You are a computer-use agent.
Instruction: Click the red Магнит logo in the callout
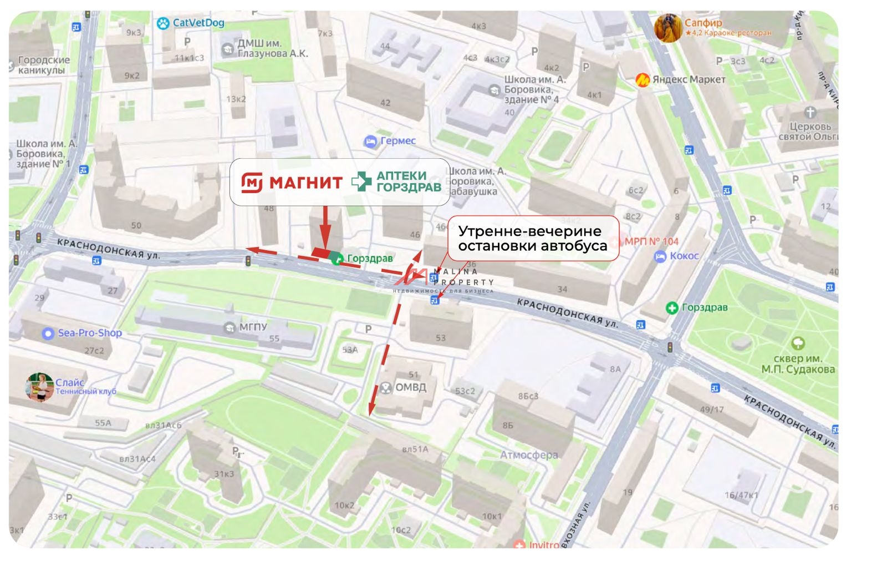[x=252, y=182]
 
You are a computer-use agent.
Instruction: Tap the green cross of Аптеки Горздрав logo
[x=361, y=181]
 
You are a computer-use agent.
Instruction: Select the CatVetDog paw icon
[x=162, y=23]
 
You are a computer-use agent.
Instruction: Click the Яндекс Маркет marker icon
[x=643, y=80]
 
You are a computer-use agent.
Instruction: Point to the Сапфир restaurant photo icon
[x=667, y=28]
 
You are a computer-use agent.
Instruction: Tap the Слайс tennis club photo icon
[x=39, y=387]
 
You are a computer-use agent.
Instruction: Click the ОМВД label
[x=410, y=387]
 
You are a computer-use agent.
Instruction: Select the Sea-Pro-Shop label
[x=89, y=333]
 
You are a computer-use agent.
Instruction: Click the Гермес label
[x=397, y=141]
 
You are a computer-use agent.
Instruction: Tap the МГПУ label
[x=253, y=327]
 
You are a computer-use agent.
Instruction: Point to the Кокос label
[x=684, y=256]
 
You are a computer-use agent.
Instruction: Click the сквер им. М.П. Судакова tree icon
[x=798, y=343]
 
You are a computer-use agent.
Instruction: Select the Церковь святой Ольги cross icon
[x=810, y=113]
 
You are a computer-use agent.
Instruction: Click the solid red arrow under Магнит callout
[x=325, y=228]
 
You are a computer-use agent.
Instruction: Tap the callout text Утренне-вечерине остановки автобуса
[x=532, y=239]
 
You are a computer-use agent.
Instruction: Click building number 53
[x=440, y=337]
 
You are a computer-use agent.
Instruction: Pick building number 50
[x=136, y=225]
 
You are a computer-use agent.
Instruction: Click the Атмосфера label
[x=529, y=455]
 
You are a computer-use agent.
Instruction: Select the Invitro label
[x=544, y=545]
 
